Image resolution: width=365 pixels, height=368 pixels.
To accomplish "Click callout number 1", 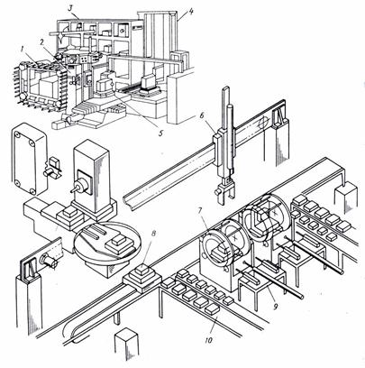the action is point(23,50).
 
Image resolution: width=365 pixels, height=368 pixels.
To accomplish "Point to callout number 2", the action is point(43,42).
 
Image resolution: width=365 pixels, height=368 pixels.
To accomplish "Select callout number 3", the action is point(70,8).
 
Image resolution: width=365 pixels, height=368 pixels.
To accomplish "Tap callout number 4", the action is point(191,11).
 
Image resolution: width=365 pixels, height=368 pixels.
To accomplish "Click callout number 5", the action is point(160,133).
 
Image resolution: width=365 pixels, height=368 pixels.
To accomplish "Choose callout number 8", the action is point(153,234).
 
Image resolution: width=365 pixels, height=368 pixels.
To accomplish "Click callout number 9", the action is point(276,306).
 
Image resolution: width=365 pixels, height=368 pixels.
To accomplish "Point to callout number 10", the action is point(209,340).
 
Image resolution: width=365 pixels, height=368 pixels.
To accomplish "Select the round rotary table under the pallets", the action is point(107,243).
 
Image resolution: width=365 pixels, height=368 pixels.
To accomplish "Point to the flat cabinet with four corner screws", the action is point(29,159).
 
